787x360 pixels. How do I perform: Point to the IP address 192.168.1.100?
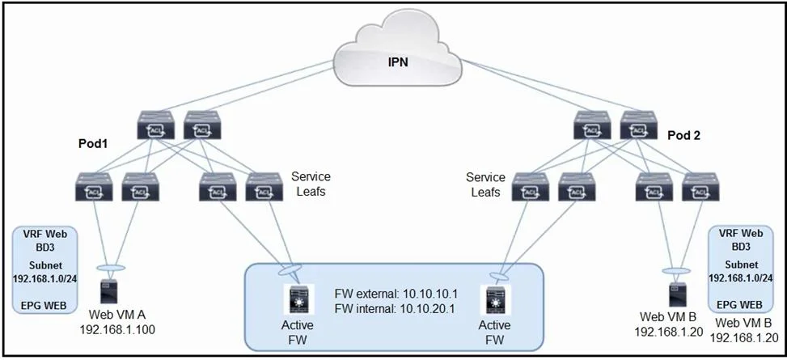pyautogui.click(x=117, y=330)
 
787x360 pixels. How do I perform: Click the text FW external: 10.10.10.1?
pyautogui.click(x=396, y=293)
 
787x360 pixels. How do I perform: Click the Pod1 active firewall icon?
pyautogui.click(x=299, y=299)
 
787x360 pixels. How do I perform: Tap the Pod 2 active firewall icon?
pyautogui.click(x=495, y=299)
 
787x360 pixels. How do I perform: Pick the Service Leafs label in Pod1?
pyautogui.click(x=311, y=184)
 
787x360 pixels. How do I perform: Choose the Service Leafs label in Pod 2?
pyautogui.click(x=485, y=184)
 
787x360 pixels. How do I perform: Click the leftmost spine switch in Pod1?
pyautogui.click(x=155, y=125)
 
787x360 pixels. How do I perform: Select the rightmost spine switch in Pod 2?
pyautogui.click(x=638, y=125)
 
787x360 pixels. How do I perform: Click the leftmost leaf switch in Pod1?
pyautogui.click(x=94, y=187)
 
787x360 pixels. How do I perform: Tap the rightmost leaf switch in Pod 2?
pyautogui.click(x=700, y=187)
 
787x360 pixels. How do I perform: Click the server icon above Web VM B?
pyautogui.click(x=678, y=294)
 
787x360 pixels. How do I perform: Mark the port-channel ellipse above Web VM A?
pyautogui.click(x=109, y=268)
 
